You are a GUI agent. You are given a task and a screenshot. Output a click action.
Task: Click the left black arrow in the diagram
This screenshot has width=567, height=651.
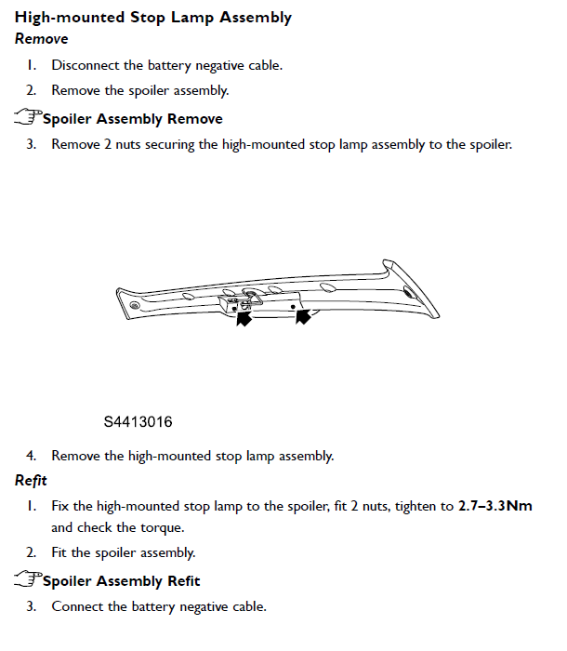(x=244, y=319)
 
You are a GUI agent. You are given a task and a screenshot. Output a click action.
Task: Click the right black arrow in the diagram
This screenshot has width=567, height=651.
(x=302, y=317)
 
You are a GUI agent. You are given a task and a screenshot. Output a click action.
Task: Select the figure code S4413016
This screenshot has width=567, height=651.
(x=138, y=422)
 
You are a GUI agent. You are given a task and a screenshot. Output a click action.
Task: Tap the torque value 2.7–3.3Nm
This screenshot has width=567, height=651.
(x=495, y=507)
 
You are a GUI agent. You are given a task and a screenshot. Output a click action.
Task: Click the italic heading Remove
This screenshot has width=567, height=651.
(x=41, y=39)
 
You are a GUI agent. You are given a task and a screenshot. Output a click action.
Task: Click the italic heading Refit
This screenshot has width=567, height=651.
(x=31, y=481)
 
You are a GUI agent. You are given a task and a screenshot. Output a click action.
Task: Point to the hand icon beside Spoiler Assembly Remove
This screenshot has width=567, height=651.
(x=28, y=117)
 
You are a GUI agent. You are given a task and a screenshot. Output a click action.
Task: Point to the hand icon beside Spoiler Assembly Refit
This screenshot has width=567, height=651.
(x=28, y=579)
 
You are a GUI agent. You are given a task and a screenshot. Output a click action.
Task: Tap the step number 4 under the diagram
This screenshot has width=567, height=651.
(x=31, y=456)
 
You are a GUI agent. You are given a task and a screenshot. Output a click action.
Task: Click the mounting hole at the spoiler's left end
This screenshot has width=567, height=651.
(x=136, y=305)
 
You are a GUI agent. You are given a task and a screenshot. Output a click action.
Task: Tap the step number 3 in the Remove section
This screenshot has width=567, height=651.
(x=31, y=144)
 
